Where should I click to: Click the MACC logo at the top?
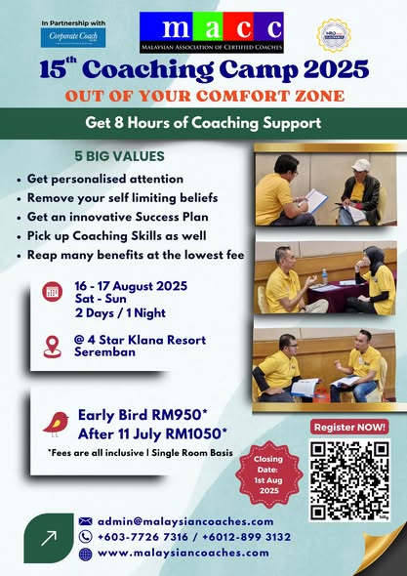pos(210,31)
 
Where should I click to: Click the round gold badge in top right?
pos(334,34)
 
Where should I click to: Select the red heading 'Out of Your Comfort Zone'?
pos(204,96)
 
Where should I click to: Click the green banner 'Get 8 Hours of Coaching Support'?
pos(203,124)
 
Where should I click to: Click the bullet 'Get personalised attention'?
pos(105,180)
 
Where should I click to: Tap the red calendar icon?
pos(53,292)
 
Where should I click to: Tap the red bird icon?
pos(55,423)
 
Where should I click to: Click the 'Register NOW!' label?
pos(349,427)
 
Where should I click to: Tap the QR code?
pos(348,480)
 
